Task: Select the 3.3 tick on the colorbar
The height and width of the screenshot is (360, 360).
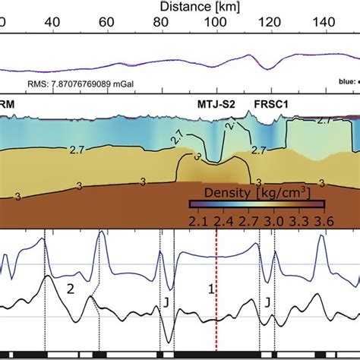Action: click(x=298, y=219)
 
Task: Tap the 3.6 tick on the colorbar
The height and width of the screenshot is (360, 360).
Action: click(x=324, y=219)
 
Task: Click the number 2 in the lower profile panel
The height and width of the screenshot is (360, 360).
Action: click(x=70, y=288)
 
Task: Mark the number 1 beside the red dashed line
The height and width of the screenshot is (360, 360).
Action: click(x=211, y=289)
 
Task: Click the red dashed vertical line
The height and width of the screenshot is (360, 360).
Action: click(x=217, y=319)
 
